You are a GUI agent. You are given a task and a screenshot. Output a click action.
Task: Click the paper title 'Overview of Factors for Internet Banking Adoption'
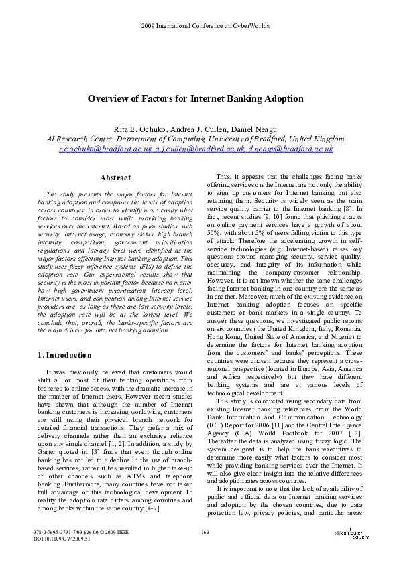(200, 99)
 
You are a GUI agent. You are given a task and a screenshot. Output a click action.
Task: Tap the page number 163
(206, 531)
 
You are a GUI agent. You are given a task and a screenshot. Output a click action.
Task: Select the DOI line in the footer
(62, 538)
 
